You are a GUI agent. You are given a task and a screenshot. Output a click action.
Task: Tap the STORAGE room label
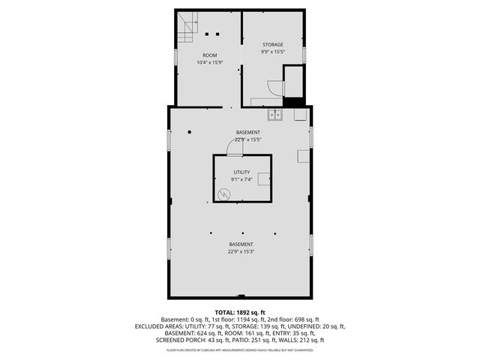tap(272, 45)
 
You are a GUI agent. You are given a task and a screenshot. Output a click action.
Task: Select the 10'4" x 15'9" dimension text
tap(210, 62)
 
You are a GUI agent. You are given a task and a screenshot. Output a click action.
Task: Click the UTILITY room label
tap(241, 172)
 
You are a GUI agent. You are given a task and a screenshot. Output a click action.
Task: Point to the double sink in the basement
tap(275, 115)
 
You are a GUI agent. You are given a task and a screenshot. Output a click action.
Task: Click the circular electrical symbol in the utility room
tap(223, 194)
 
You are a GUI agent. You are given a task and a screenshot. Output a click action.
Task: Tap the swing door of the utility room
tap(235, 149)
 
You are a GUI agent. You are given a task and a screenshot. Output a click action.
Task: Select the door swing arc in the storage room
tap(277, 88)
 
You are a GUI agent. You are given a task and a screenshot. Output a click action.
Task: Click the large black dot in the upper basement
tap(190, 132)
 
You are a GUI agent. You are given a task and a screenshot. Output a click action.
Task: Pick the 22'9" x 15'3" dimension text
tap(241, 252)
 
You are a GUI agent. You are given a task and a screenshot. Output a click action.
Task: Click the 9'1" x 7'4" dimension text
tap(241, 179)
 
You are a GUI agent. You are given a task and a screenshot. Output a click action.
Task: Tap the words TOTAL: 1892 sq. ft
tap(240, 312)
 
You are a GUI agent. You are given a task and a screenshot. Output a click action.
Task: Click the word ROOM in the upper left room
tap(210, 55)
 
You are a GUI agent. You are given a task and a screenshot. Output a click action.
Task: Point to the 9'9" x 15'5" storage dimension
tap(272, 52)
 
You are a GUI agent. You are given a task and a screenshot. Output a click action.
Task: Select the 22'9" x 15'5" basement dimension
tap(248, 139)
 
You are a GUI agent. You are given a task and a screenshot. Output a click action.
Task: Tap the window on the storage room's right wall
tap(304, 54)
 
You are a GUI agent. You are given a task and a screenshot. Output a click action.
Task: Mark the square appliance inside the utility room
tap(265, 179)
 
